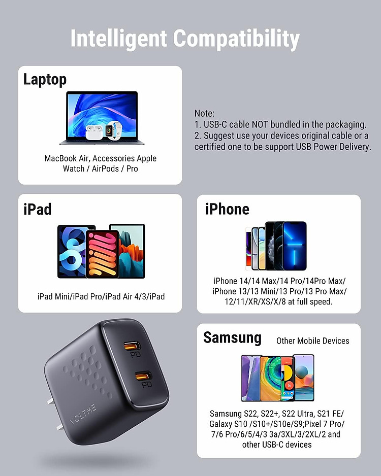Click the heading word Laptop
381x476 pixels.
[45, 79]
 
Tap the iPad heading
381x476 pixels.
[38, 209]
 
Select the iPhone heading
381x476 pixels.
[227, 209]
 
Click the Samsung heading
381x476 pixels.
[233, 338]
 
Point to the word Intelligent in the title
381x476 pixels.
[118, 39]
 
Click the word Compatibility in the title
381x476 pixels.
[236, 39]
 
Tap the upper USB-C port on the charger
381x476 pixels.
[132, 346]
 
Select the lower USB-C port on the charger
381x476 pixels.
[143, 377]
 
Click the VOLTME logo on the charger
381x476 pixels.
[83, 414]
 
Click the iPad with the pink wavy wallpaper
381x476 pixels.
[103, 254]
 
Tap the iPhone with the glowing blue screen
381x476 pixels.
[295, 246]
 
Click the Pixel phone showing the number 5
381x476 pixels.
[288, 378]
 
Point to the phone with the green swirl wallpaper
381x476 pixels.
[270, 378]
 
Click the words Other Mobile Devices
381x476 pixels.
[312, 341]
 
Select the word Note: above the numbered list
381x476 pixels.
[204, 113]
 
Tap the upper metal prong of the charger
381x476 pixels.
[50, 402]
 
